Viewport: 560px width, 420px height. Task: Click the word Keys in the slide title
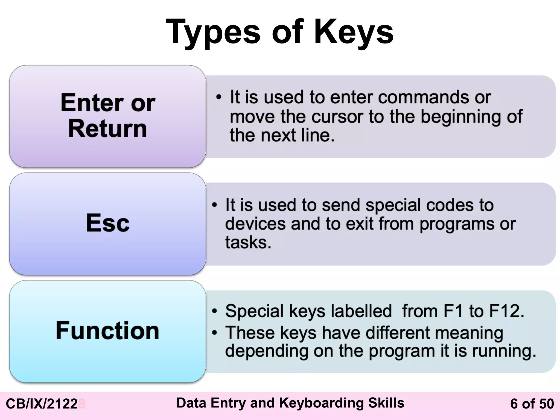pyautogui.click(x=354, y=32)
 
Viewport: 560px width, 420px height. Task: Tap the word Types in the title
pyautogui.click(x=213, y=32)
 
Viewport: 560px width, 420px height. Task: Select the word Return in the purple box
pyautogui.click(x=107, y=129)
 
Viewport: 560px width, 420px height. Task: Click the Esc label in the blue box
pyautogui.click(x=108, y=223)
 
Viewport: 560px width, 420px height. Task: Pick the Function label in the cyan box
pyautogui.click(x=107, y=331)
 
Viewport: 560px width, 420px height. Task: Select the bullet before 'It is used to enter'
pyautogui.click(x=218, y=97)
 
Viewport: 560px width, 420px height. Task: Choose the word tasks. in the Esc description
pyautogui.click(x=248, y=243)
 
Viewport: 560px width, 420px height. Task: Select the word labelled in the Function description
pyautogui.click(x=361, y=311)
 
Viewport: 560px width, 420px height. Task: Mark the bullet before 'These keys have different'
pyautogui.click(x=215, y=333)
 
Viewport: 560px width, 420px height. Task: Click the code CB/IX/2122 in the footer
pyautogui.click(x=42, y=404)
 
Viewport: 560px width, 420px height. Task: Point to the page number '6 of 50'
pyautogui.click(x=532, y=404)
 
